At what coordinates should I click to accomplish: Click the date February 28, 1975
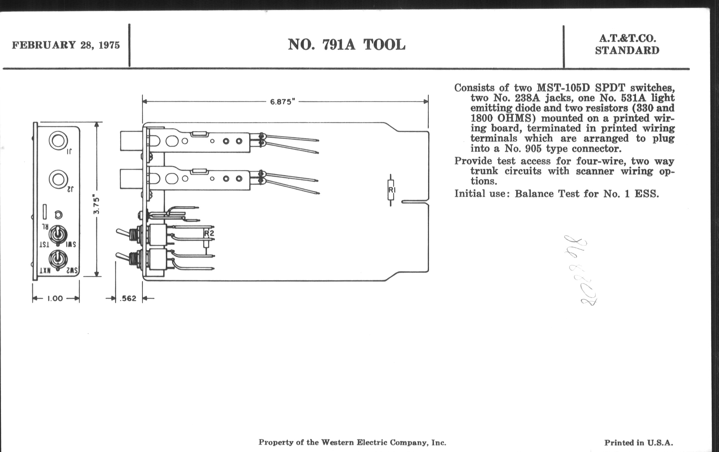coord(66,45)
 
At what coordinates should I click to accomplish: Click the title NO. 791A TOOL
coord(346,45)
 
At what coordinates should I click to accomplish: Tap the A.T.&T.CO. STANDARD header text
coord(627,44)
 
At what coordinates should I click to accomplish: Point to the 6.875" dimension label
coord(282,102)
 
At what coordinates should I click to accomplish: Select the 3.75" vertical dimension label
coord(96,204)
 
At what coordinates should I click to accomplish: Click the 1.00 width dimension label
coord(55,298)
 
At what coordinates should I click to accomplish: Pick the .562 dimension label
coord(128,298)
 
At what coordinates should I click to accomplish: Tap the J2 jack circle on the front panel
coord(58,179)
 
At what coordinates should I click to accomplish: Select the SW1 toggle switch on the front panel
coord(58,235)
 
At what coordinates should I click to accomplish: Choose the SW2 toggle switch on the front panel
coord(58,259)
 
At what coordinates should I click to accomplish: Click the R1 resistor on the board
coord(391,190)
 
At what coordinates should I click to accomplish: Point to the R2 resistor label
coord(209,233)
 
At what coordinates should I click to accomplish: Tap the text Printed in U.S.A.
coord(639,443)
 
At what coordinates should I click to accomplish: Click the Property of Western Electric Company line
coord(352,442)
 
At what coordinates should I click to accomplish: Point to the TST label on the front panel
coord(44,245)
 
